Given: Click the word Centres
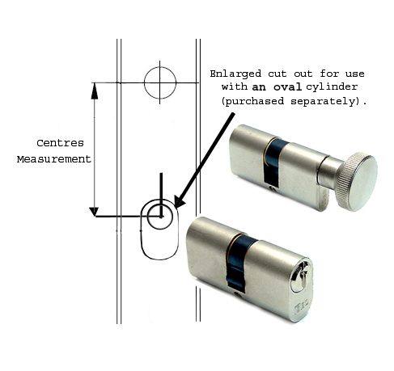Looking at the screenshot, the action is pyautogui.click(x=60, y=143).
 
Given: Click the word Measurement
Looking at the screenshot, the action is pyautogui.click(x=54, y=159).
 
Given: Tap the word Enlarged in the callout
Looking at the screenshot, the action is pyautogui.click(x=235, y=74).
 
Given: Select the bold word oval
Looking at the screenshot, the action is pyautogui.click(x=287, y=86).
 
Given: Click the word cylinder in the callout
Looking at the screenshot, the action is pyautogui.click(x=332, y=86).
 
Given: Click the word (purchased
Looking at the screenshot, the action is pyautogui.click(x=252, y=101).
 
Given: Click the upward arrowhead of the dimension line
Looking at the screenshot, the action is pyautogui.click(x=95, y=91).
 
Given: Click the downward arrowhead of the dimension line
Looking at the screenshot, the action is pyautogui.click(x=94, y=212).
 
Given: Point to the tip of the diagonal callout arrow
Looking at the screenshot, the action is pyautogui.click(x=176, y=208).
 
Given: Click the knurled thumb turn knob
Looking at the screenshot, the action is pyautogui.click(x=356, y=182).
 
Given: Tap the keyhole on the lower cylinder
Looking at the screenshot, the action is pyautogui.click(x=302, y=276).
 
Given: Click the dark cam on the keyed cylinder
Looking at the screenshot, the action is pyautogui.click(x=239, y=262).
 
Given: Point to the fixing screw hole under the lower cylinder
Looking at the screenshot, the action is pyautogui.click(x=238, y=295).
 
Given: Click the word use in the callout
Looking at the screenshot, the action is pyautogui.click(x=355, y=74).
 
